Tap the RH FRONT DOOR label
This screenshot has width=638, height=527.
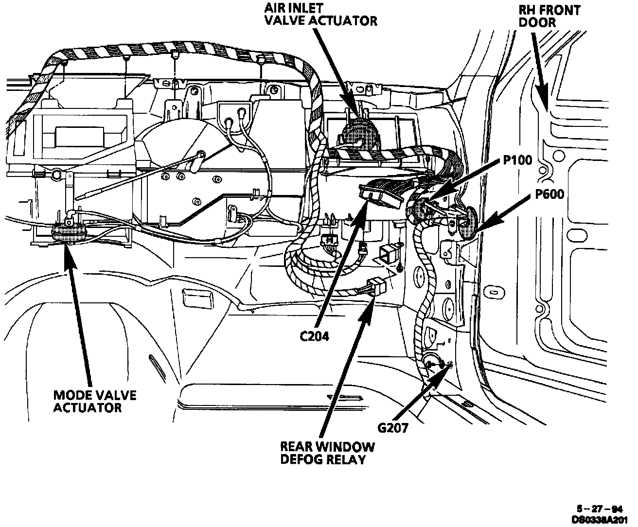pos(549,16)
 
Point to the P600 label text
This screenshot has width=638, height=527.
pos(549,194)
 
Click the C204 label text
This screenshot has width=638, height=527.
pos(314,336)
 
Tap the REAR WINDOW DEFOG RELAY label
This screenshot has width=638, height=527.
pos(327,453)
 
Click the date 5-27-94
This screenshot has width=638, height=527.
pos(602,509)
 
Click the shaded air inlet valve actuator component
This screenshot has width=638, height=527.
pos(361,132)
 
